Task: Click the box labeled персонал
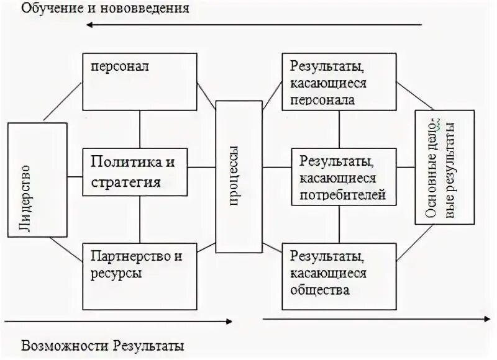coord(139,81)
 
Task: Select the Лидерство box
coord(37,179)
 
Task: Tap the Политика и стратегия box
coord(139,172)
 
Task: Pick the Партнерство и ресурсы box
coord(139,276)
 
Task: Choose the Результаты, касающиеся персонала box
coord(339,81)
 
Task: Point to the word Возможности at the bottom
coord(58,345)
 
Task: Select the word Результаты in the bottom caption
coord(149,345)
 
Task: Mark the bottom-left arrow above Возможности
coord(118,321)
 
